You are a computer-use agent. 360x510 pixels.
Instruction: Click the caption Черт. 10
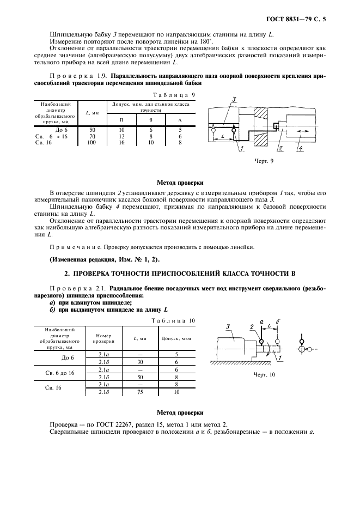(265, 374)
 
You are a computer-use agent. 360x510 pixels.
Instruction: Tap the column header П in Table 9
(122, 120)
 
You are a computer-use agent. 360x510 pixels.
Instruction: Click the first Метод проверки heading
(180, 183)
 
